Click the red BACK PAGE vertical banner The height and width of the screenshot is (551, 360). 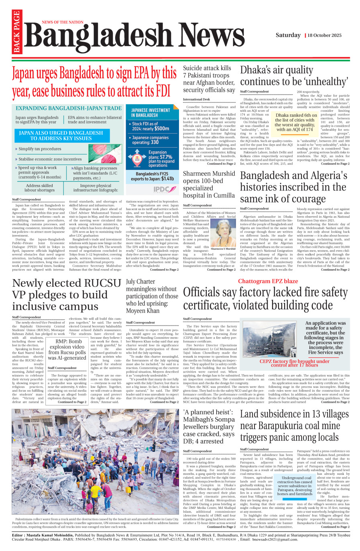pos(16,32)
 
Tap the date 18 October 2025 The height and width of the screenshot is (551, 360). pos(325,35)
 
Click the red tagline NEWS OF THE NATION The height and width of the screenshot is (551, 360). pos(63,22)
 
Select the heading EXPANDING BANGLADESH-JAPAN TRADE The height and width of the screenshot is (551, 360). pos(69,108)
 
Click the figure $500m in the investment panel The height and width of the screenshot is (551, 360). pos(162,129)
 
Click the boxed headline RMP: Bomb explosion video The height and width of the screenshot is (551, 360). pos(67,349)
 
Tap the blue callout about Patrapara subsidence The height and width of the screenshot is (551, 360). pos(295,486)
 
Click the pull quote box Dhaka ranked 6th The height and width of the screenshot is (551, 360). pos(296,122)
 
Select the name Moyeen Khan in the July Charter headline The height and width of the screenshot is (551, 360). pos(142,311)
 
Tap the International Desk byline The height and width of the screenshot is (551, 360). pos(196,99)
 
